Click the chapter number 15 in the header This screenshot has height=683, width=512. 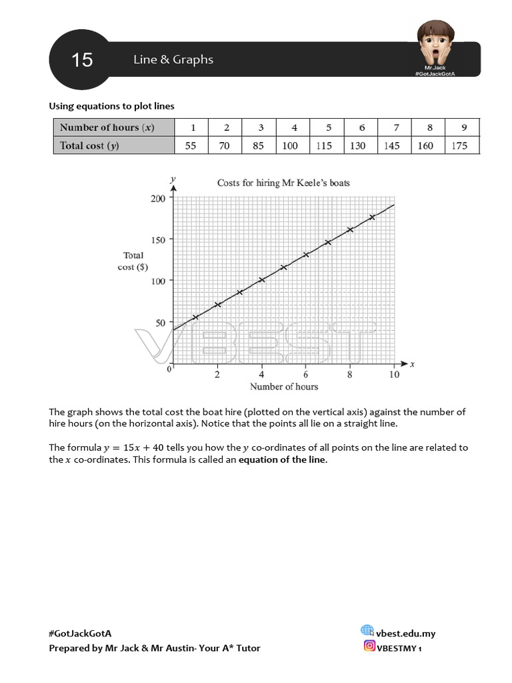point(82,60)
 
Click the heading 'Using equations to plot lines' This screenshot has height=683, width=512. point(112,105)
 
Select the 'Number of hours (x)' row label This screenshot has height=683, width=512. point(107,127)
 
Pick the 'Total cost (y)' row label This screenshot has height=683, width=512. point(89,145)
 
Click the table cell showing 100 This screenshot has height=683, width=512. point(290,145)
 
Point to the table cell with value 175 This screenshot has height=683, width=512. point(459,145)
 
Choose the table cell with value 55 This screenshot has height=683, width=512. point(191,145)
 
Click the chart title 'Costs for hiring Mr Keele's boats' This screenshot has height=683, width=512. point(283,183)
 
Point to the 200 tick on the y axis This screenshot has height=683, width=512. point(157,198)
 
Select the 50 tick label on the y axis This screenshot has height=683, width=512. point(160,323)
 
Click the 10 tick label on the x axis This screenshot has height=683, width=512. point(394,375)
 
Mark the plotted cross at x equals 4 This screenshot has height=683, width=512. point(261,279)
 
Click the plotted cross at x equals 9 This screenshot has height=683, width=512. point(372,217)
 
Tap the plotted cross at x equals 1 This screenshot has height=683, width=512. point(195,317)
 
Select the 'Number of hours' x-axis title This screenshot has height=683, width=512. point(283,387)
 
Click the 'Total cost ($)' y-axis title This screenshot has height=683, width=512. point(133,261)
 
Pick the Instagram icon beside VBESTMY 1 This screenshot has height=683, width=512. point(369,646)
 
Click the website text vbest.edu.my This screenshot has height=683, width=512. point(405,634)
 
